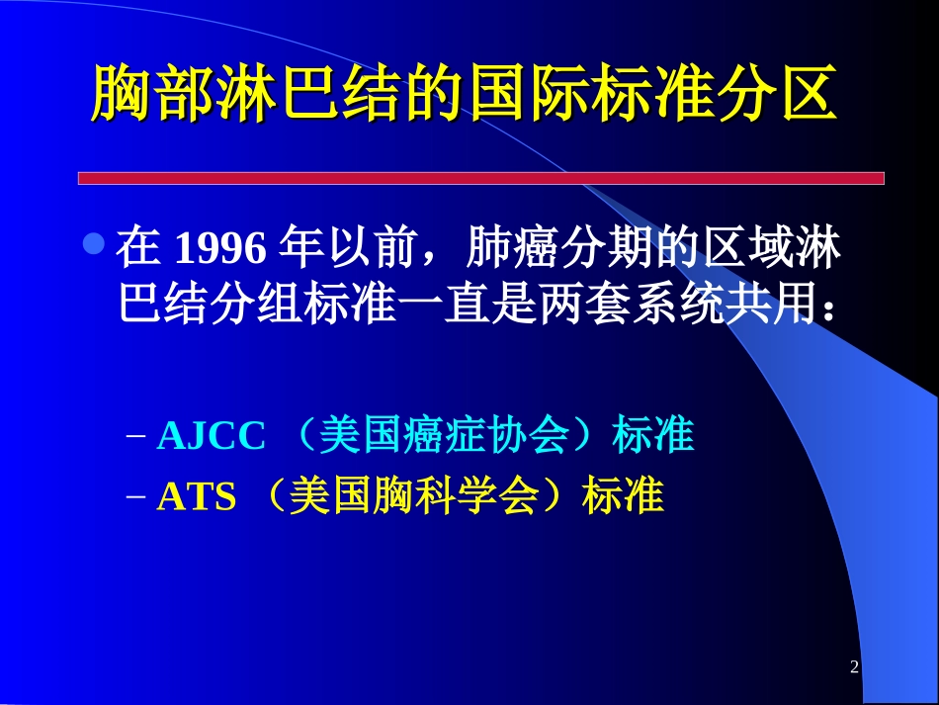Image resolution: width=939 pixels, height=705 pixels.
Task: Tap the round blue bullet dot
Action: pos(94,244)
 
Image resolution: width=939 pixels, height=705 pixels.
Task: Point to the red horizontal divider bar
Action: pos(480,178)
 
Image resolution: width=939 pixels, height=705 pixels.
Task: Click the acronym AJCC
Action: pos(212,436)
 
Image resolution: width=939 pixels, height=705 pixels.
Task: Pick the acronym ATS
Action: pos(197,497)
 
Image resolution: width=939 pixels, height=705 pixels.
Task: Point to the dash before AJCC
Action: pos(138,437)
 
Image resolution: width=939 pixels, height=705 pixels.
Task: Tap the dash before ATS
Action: pos(138,498)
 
